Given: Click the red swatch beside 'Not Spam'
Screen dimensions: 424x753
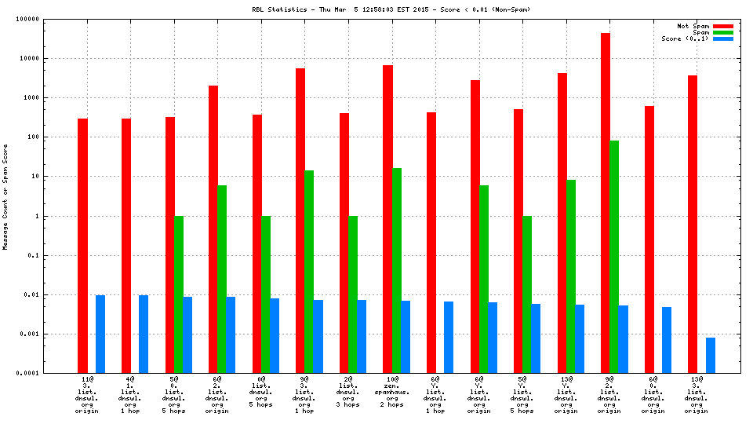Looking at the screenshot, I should click(x=722, y=26).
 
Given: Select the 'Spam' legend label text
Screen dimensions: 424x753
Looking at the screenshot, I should click(x=700, y=32).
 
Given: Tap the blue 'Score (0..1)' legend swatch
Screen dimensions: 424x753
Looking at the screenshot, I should click(x=722, y=38).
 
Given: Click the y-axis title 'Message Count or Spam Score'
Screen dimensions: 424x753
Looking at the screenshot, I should click(x=5, y=196).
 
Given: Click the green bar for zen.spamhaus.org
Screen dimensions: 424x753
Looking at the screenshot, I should click(x=397, y=270).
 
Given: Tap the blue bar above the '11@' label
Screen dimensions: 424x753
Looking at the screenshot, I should click(x=100, y=334).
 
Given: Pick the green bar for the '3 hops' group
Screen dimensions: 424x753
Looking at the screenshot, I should click(x=353, y=294).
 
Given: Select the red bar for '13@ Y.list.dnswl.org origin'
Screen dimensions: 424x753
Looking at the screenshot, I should click(x=562, y=223).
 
